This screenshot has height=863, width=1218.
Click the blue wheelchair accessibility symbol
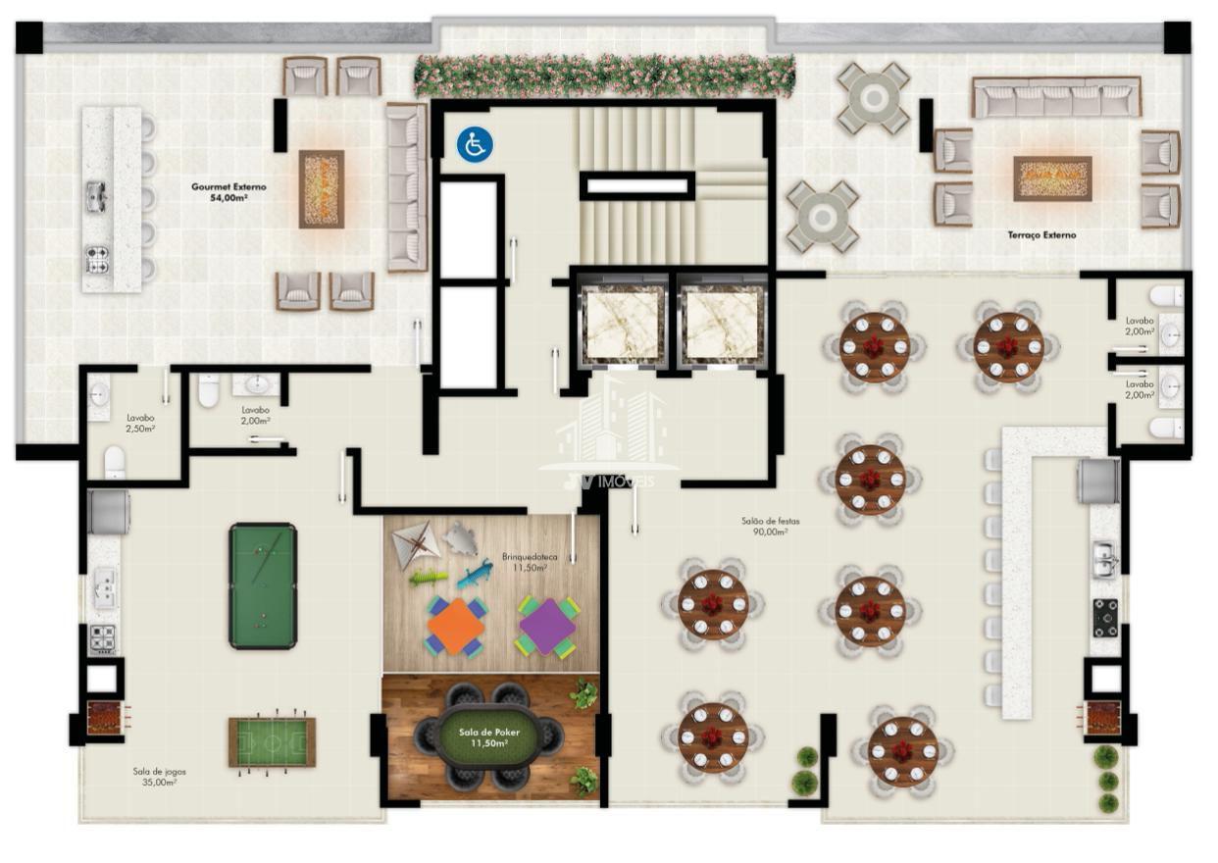point(475,144)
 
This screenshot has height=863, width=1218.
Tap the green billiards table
point(263,585)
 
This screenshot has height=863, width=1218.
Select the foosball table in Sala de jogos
point(272,741)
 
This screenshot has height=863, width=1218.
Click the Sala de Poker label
point(489,737)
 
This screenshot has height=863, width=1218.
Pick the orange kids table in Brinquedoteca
point(456,627)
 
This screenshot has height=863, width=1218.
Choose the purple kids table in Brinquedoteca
point(547,627)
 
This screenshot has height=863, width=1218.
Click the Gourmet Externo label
point(228,192)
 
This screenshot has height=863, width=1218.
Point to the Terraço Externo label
point(1041,235)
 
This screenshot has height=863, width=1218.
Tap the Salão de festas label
point(771,526)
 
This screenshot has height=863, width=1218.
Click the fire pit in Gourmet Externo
point(322,188)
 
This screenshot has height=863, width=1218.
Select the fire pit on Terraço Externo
point(1052,178)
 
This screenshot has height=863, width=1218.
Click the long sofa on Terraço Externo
point(1056,97)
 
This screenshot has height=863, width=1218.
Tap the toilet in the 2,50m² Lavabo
point(115,463)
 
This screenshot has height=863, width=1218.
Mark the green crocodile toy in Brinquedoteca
point(429,578)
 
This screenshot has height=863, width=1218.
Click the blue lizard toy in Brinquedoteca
point(476,575)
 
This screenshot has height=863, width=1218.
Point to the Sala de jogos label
point(159,777)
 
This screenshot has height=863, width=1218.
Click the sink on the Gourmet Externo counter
point(97,196)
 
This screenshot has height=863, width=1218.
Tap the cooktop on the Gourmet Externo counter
point(97,259)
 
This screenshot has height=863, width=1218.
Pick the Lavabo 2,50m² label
point(141,423)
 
